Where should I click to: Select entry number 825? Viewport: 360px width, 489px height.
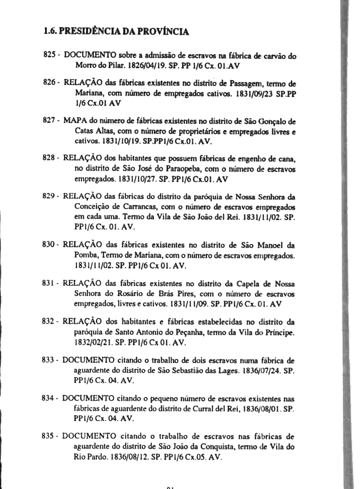tap(50, 55)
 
